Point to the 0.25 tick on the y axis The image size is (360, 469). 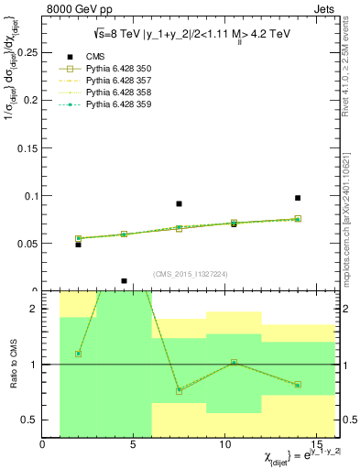click(27, 53)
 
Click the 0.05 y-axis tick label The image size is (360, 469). click(27, 244)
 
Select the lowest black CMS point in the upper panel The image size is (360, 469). click(124, 281)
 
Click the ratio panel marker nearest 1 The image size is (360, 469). click(235, 362)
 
